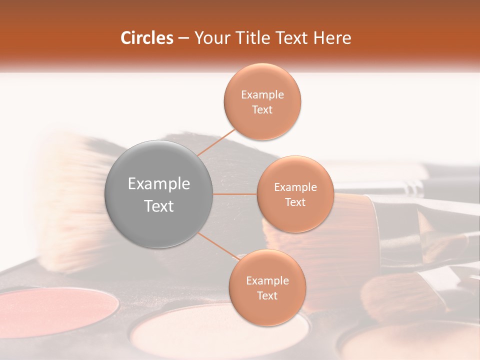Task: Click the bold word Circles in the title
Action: coord(146,38)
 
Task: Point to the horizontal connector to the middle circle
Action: coord(235,194)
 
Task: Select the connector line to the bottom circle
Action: coord(218,246)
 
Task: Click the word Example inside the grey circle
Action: coord(158,184)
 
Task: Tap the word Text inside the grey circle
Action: coord(158,206)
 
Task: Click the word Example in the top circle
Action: coord(262,95)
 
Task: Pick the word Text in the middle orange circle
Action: coord(295,202)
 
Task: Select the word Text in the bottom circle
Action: coord(267,295)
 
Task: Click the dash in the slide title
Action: coord(183,38)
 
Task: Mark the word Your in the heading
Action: coord(209,38)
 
